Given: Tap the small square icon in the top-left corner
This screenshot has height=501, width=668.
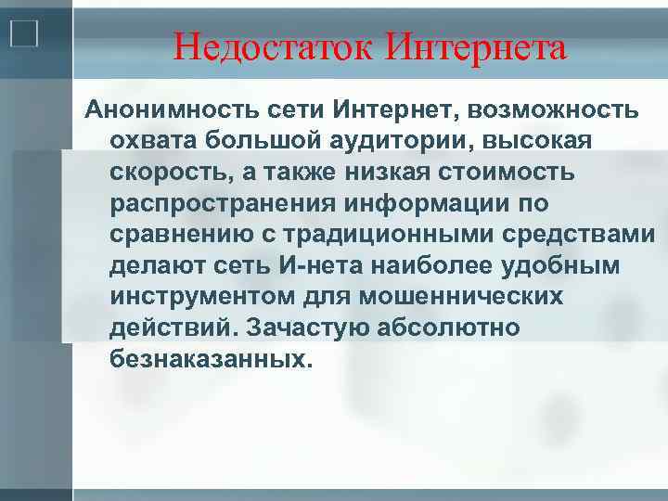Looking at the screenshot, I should (23, 34).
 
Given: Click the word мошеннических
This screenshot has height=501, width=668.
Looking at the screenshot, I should (484, 297).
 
